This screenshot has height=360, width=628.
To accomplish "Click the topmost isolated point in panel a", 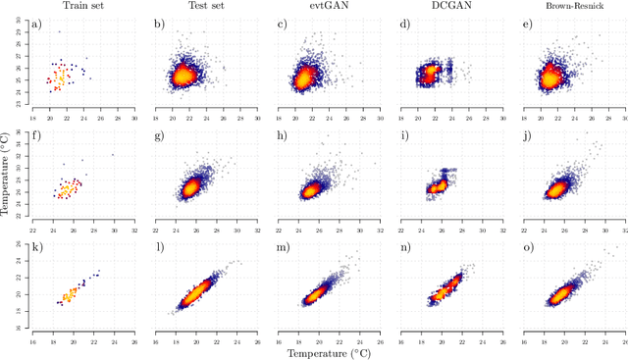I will click(59, 31).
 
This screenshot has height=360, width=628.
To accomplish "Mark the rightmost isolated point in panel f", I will click(113, 154).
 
